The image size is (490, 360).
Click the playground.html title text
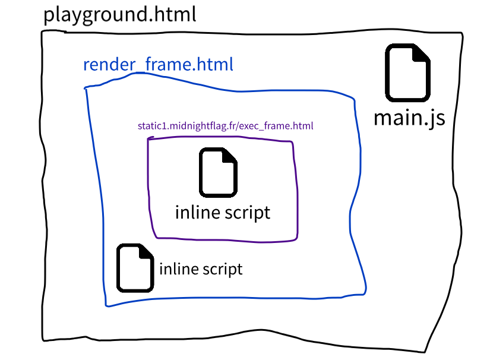[x=119, y=15]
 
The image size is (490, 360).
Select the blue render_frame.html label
[x=158, y=64]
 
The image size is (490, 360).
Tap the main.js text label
[x=409, y=117]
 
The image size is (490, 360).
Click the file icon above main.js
[x=409, y=72]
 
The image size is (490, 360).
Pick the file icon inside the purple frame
[x=219, y=173]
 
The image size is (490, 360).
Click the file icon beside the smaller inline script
[x=136, y=268]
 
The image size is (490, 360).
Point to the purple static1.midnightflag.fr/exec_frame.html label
[x=225, y=126]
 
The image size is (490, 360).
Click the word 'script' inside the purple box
[x=248, y=213]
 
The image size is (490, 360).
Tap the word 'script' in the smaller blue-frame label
[x=223, y=269]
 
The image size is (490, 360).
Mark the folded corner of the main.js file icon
[x=422, y=53]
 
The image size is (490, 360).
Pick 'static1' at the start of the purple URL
[x=151, y=126]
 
